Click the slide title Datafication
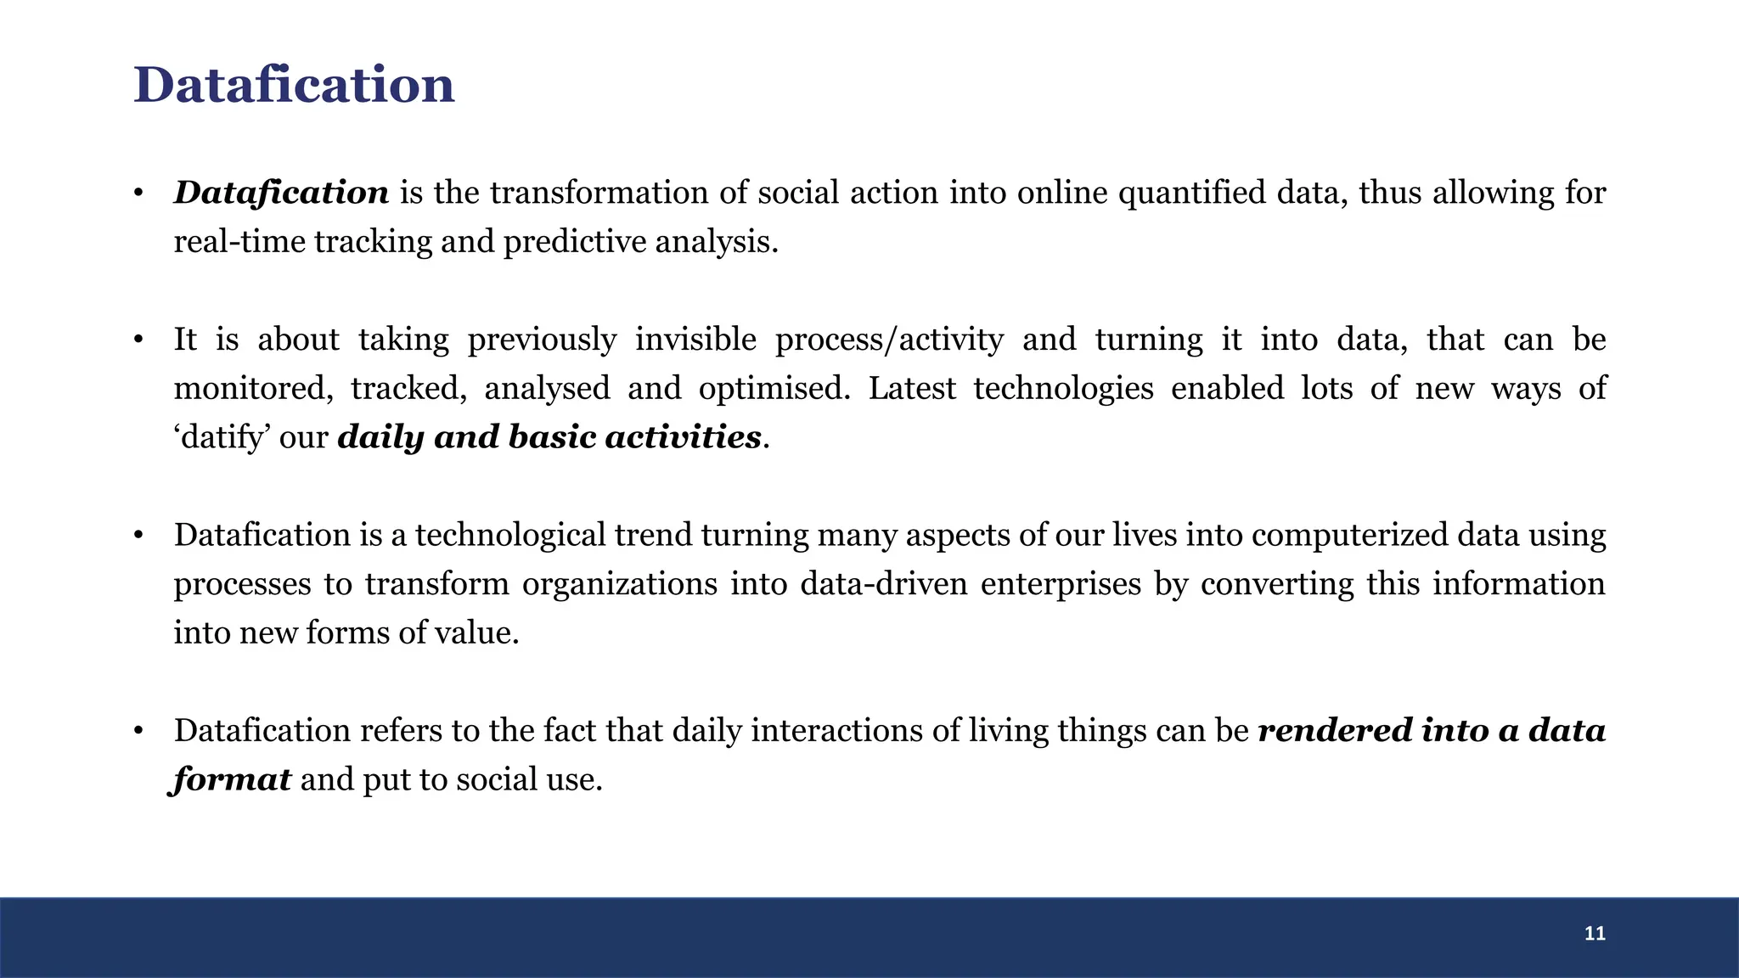click(x=294, y=86)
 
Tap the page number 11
click(x=1595, y=934)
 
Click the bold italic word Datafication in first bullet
click(x=281, y=194)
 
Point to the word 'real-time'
click(x=239, y=243)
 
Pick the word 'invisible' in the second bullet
click(x=695, y=340)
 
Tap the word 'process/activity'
click(x=889, y=340)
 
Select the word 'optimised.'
click(x=774, y=389)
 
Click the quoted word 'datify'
click(x=221, y=438)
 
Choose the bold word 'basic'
click(x=552, y=438)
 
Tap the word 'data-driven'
click(x=883, y=585)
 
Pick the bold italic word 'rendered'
click(x=1334, y=731)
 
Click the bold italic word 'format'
click(x=232, y=780)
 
